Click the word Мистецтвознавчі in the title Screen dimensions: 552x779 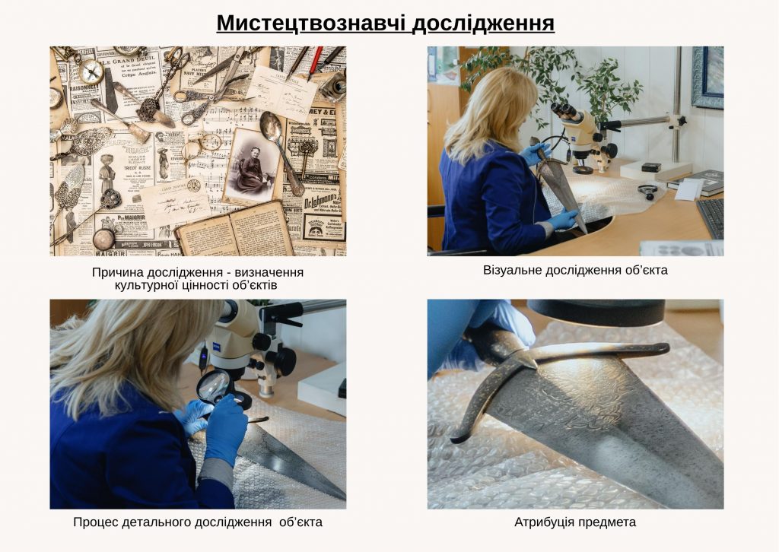311,23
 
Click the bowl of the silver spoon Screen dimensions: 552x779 270,122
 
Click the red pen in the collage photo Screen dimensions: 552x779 314,62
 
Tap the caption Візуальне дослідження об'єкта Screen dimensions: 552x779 575,270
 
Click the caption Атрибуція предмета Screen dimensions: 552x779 575,522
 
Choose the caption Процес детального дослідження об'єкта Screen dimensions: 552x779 198,522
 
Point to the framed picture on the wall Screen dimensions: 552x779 707,76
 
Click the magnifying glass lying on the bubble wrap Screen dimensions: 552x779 647,190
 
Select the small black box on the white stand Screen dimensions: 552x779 650,167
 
